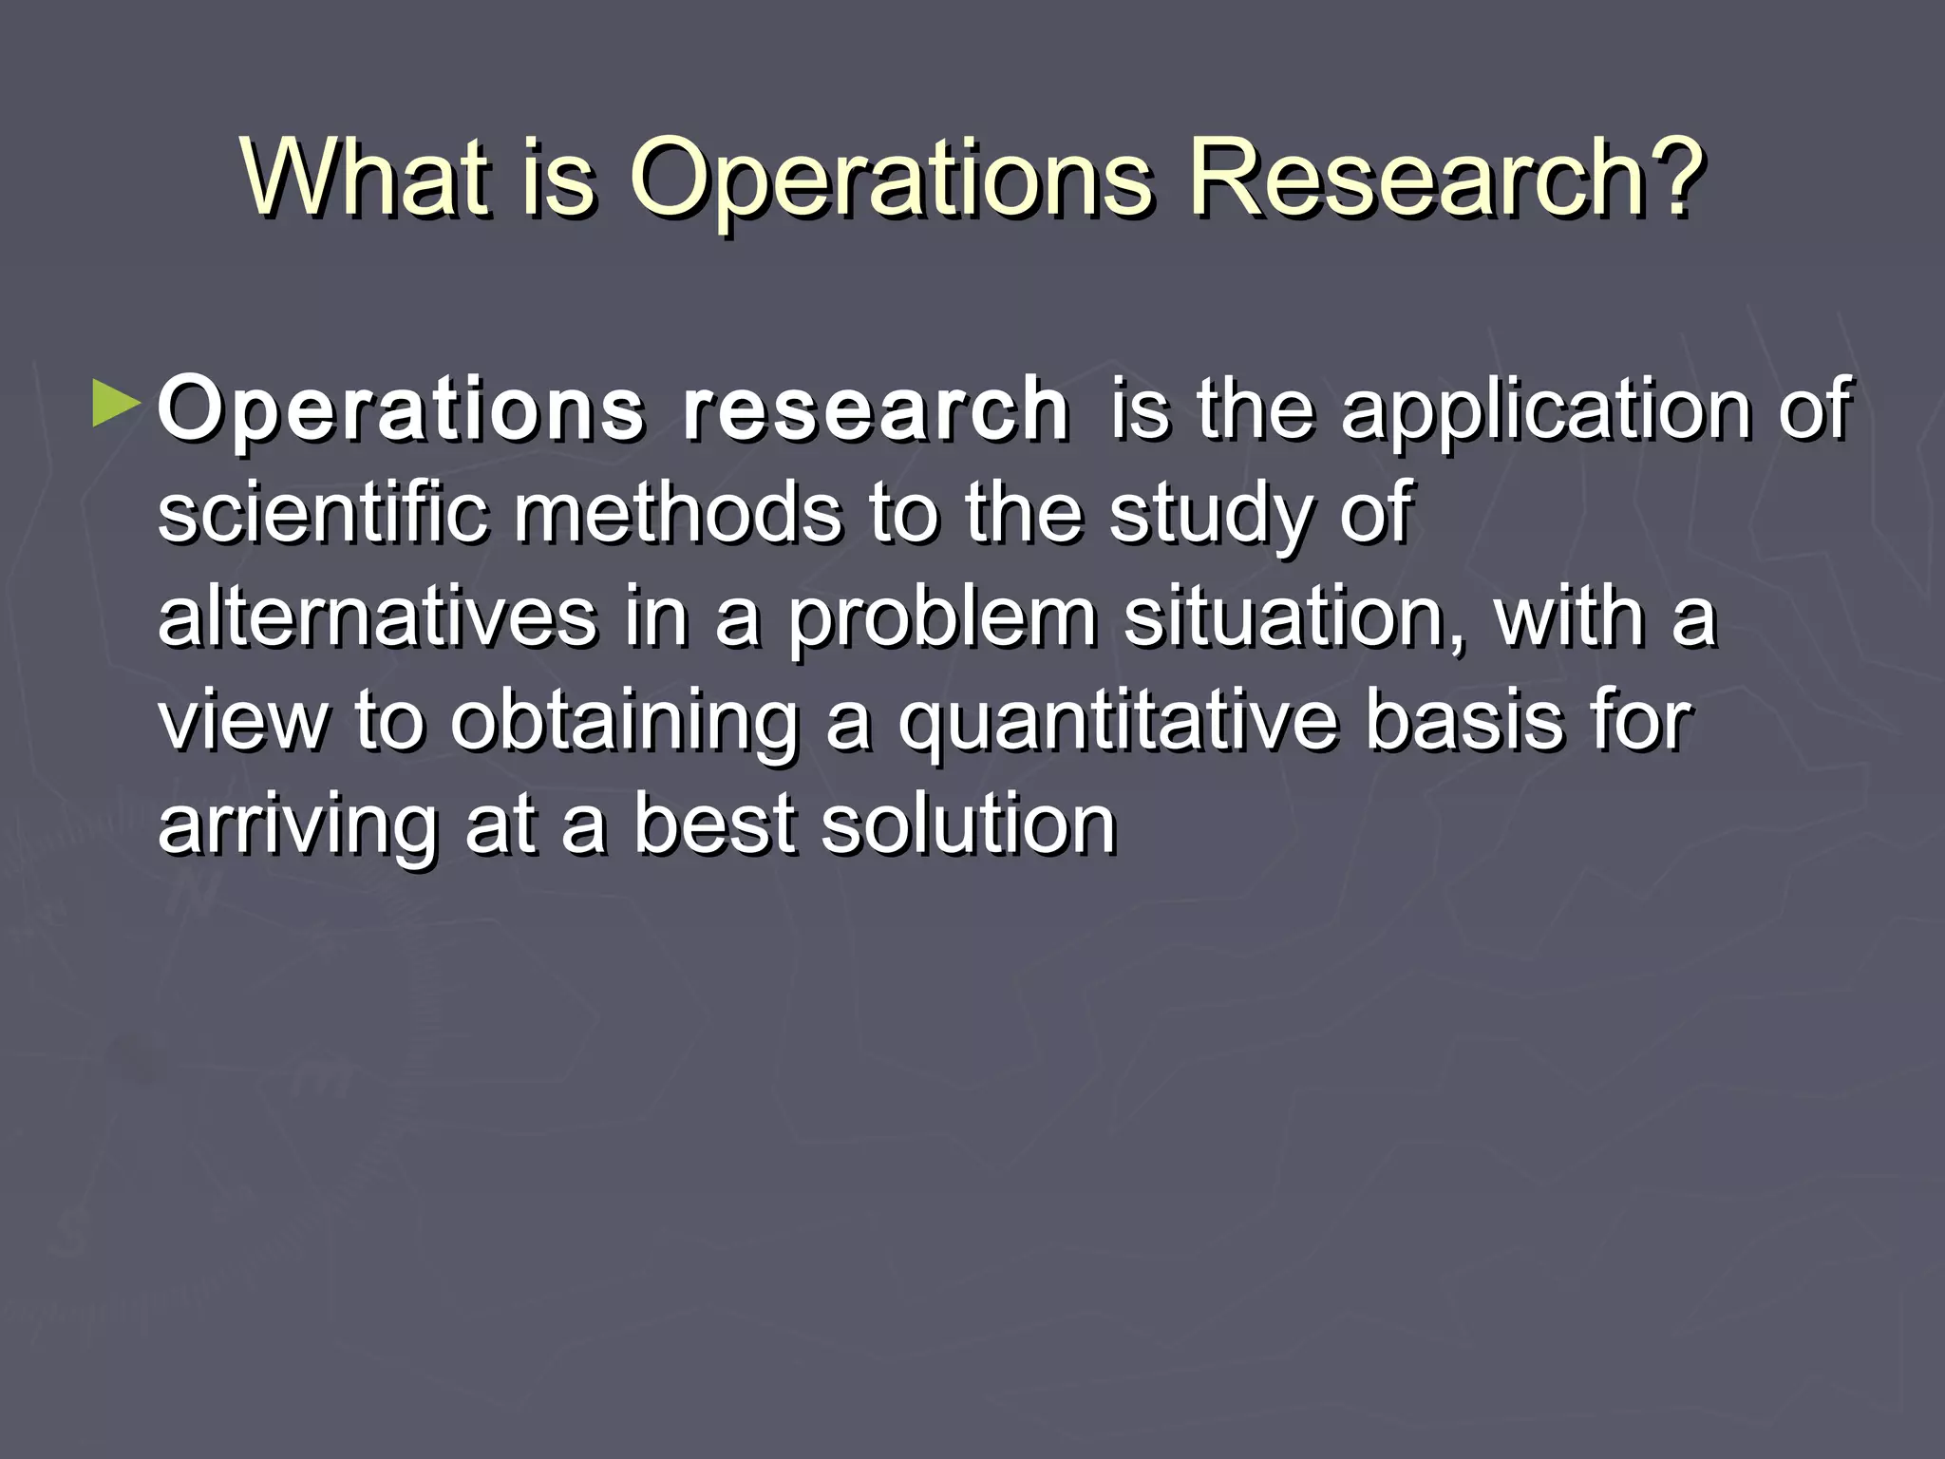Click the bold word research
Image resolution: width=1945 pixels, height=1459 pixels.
pos(876,410)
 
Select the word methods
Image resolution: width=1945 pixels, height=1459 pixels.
pos(678,513)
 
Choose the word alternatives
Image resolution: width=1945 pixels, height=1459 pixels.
pos(377,617)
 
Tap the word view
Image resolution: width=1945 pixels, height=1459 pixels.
pos(241,722)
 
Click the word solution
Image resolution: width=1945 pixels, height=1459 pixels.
pos(969,824)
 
